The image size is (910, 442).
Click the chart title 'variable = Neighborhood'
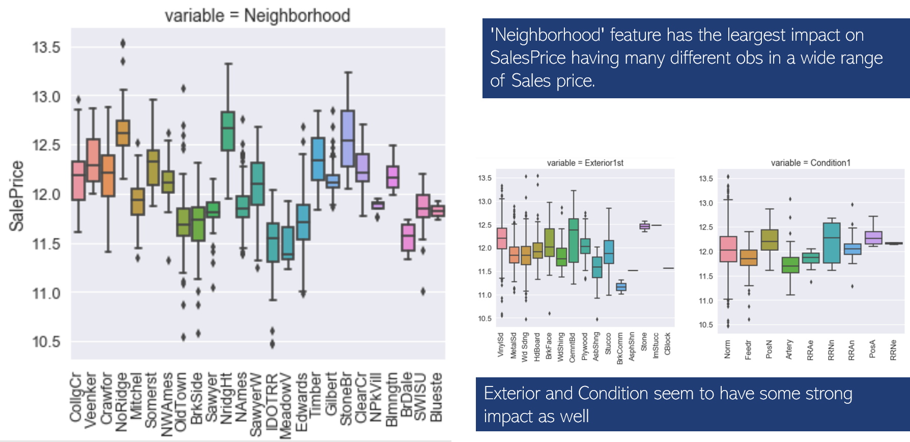[257, 16]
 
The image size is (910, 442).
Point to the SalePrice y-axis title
[16, 196]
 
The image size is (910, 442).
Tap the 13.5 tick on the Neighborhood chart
[46, 48]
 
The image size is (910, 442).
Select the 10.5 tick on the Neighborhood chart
[46, 342]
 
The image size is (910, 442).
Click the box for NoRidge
[123, 133]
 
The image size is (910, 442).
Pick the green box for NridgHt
[227, 131]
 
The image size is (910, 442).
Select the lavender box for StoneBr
[348, 138]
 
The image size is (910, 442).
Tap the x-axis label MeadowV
[286, 405]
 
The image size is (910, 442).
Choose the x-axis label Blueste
[437, 397]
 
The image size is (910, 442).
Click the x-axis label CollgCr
[76, 398]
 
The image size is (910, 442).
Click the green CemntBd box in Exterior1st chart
[573, 240]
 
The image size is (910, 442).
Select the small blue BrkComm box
[621, 287]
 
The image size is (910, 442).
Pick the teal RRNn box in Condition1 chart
[831, 243]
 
